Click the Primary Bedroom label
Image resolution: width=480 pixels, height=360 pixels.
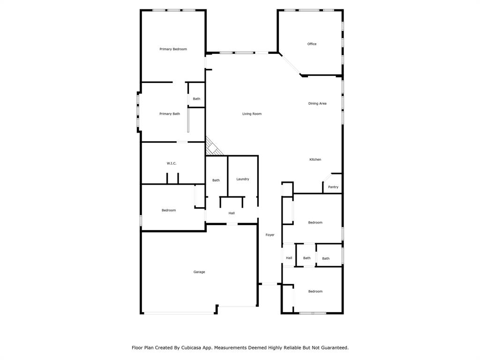[173, 49]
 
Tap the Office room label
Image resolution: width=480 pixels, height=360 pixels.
[312, 44]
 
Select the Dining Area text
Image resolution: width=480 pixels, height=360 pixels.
[317, 104]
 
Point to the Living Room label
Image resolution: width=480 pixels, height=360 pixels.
[252, 114]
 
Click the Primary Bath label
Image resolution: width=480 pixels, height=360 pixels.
[169, 114]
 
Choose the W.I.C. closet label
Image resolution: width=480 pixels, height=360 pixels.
[172, 163]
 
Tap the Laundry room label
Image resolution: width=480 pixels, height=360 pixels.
[242, 179]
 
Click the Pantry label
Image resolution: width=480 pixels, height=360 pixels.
[333, 187]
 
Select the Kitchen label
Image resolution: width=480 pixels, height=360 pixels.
[315, 160]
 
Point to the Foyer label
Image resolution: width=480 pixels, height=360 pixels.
[270, 235]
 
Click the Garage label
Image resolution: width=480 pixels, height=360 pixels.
[199, 272]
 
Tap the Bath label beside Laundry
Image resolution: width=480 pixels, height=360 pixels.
[216, 180]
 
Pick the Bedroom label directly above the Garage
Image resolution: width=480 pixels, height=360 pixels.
[169, 210]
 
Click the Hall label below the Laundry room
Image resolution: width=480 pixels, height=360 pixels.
[232, 213]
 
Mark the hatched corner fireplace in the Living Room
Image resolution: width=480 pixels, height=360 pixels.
[213, 148]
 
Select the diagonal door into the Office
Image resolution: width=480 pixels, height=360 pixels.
[291, 65]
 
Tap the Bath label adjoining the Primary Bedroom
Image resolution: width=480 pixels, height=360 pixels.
[196, 99]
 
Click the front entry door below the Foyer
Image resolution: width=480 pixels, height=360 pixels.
[269, 284]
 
